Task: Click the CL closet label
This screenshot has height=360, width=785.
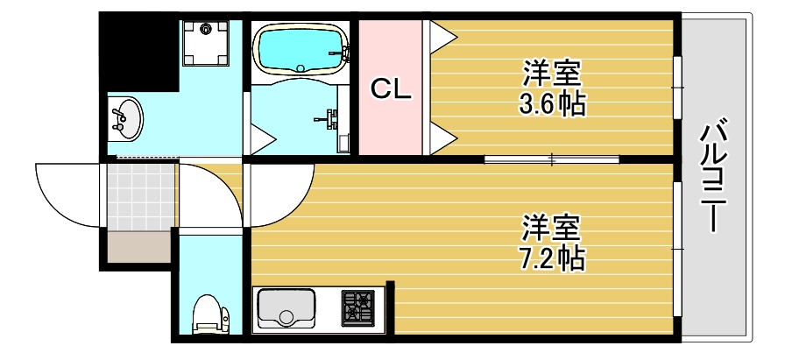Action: point(391,89)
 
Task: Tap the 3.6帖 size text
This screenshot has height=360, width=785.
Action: point(552,105)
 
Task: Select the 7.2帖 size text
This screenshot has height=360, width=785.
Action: point(551,258)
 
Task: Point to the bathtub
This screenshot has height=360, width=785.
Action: point(299,51)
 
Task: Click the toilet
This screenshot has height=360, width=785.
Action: point(209,314)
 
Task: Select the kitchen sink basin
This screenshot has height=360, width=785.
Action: point(286,308)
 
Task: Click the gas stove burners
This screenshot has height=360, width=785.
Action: point(357,308)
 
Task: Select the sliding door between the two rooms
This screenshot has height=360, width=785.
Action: point(552,159)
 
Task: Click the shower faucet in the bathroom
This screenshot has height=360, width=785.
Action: point(329,118)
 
